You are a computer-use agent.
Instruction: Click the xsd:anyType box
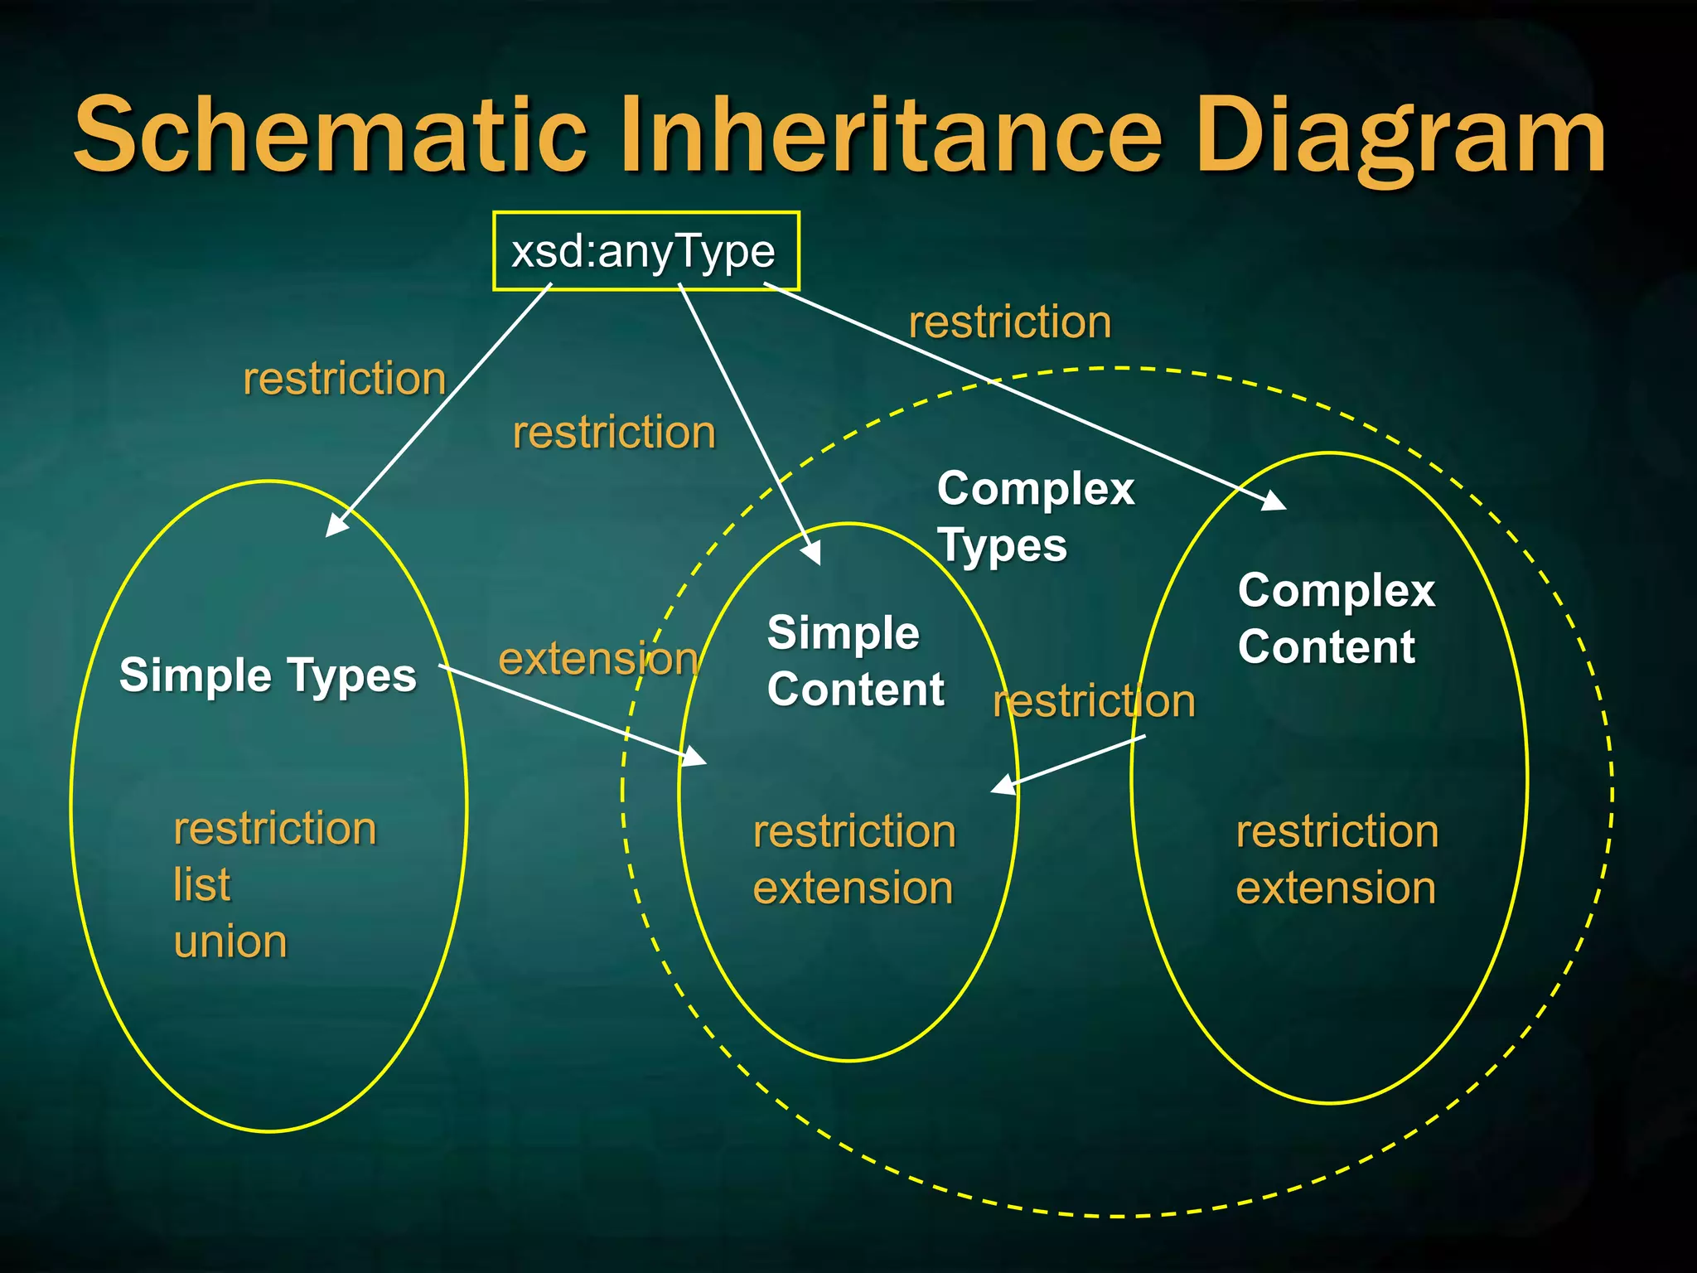pos(645,251)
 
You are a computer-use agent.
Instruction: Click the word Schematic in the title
pos(331,134)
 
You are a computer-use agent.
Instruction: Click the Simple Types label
pos(268,675)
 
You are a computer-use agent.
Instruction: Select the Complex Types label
pos(1034,517)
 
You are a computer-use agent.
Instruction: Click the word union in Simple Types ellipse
pos(230,942)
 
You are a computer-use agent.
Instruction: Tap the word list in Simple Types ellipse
pos(201,885)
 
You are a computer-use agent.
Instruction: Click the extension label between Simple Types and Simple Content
pos(598,660)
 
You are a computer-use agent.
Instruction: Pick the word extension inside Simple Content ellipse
pos(853,888)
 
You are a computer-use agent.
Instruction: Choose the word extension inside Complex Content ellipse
pos(1335,888)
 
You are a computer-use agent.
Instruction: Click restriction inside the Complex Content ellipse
pos(1337,831)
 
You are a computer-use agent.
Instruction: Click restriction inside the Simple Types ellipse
pos(275,829)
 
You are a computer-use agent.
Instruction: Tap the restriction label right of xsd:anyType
pos(1009,322)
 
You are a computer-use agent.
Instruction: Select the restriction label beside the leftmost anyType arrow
pos(344,380)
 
